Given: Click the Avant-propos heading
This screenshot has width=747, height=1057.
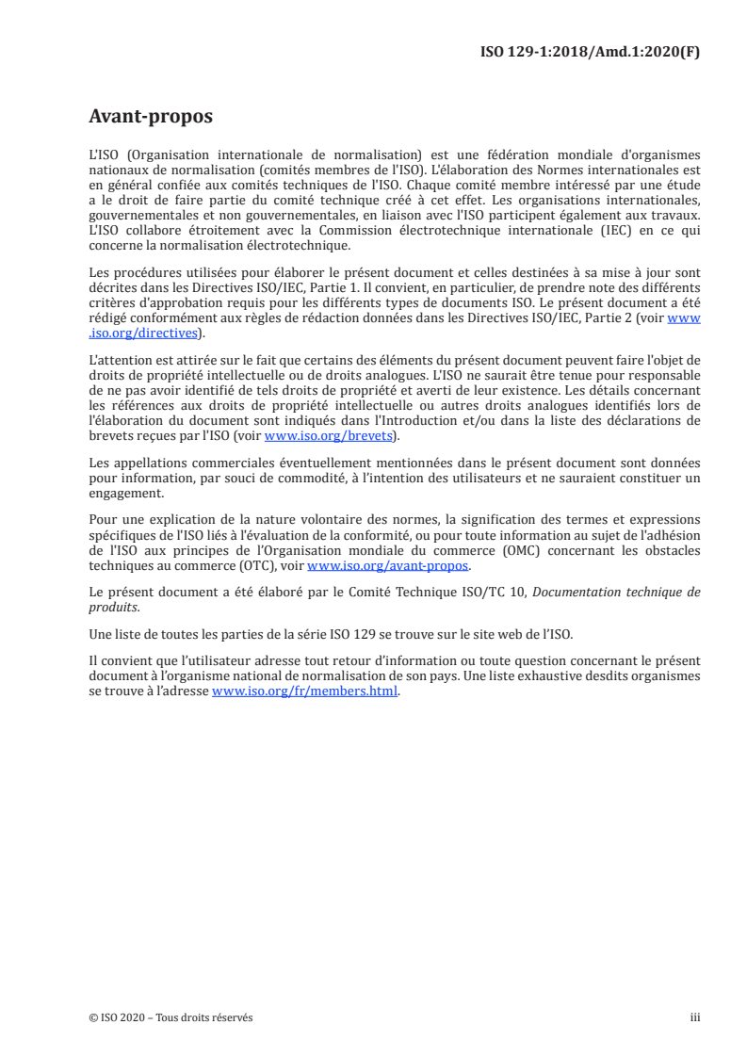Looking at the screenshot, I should click(x=150, y=118).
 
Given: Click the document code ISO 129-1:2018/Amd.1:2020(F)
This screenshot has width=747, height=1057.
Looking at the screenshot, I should click(x=591, y=52).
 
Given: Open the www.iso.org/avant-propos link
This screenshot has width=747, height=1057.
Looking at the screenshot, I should click(x=388, y=565).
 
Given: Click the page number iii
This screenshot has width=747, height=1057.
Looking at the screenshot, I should click(x=695, y=1017).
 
